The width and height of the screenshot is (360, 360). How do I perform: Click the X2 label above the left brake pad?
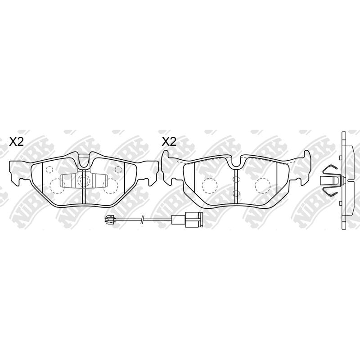[17, 142]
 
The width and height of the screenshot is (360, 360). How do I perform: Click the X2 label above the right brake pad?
[169, 142]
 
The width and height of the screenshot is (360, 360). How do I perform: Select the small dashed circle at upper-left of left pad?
[49, 170]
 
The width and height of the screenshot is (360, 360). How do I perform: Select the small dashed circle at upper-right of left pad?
[118, 170]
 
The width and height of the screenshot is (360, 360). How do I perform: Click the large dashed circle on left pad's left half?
[57, 185]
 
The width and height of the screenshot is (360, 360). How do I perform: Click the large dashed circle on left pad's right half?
[110, 185]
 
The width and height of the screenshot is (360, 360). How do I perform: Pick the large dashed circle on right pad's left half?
[209, 185]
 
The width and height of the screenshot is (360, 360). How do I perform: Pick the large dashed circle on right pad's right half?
[262, 185]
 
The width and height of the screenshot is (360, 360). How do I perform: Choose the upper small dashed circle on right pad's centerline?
[235, 180]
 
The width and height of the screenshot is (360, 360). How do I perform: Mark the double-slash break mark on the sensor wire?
[142, 220]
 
